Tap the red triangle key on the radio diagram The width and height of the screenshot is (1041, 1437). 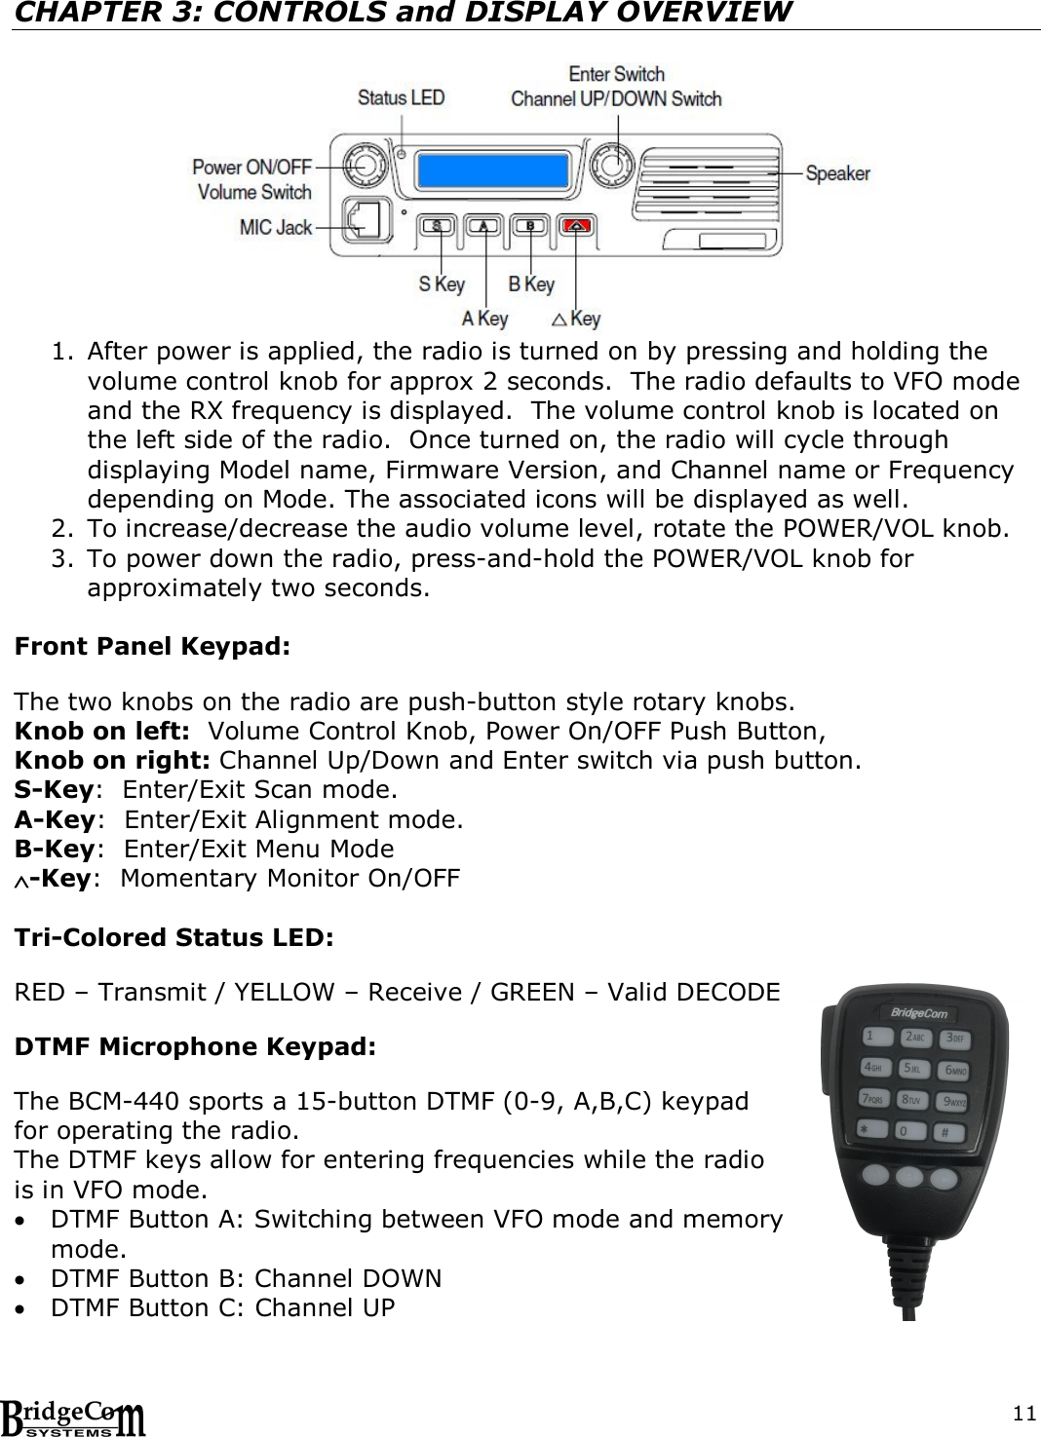click(578, 226)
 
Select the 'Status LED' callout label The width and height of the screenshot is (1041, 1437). click(401, 97)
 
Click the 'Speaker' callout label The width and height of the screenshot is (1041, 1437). click(837, 173)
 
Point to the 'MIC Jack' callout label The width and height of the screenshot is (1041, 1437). click(276, 227)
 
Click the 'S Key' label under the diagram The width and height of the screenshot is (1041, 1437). click(442, 284)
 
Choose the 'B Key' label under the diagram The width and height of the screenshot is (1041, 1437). click(531, 284)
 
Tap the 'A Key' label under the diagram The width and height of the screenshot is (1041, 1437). click(484, 318)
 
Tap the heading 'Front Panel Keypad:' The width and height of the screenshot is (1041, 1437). click(152, 648)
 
